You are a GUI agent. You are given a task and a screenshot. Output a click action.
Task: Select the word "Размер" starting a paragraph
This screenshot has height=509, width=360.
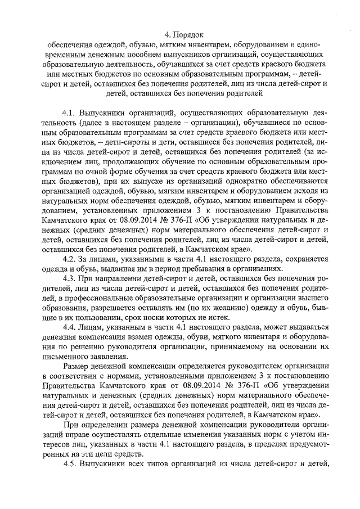click(79, 370)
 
